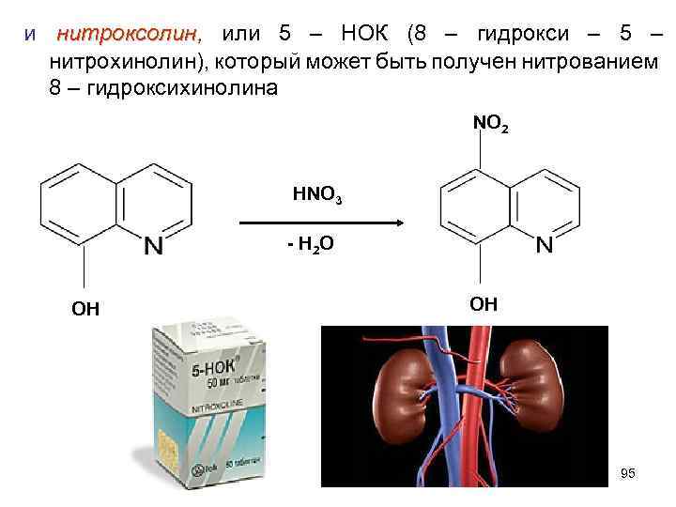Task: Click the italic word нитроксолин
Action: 128,36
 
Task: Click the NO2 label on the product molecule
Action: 492,124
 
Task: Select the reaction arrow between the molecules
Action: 319,223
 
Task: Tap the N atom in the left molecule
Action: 154,246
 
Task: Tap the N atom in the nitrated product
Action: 545,246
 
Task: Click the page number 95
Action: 628,474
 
